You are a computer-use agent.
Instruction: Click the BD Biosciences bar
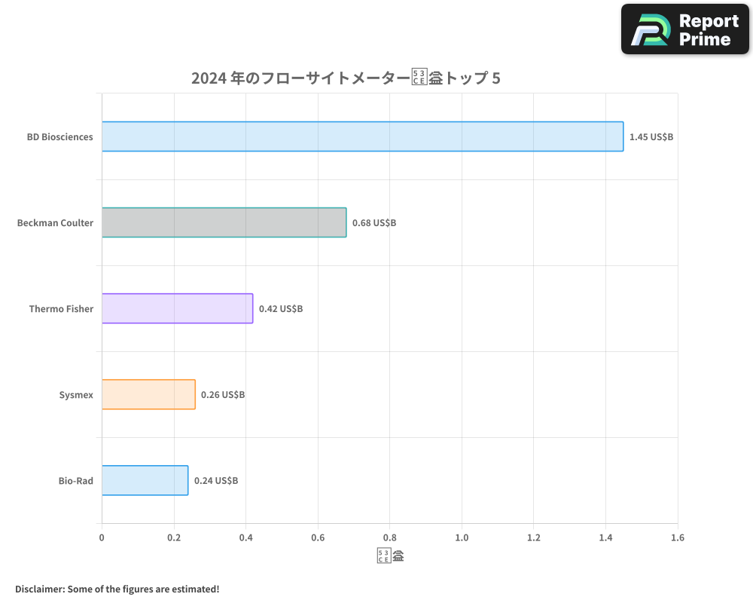(362, 136)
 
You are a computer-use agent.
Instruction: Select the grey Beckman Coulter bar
(224, 222)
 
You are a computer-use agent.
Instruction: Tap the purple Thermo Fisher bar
(177, 308)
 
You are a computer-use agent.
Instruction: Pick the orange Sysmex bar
(148, 394)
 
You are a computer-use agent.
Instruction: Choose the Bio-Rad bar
(145, 480)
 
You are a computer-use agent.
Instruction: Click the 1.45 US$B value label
(651, 137)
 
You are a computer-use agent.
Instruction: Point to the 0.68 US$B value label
(373, 223)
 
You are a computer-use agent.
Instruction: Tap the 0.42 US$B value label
(280, 309)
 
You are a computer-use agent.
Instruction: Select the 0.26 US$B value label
(222, 395)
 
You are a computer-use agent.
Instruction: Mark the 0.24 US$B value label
(215, 481)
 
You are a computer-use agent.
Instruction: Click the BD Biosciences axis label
(60, 137)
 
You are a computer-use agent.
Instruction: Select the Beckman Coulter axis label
(55, 223)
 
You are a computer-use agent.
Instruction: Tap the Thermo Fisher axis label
(61, 309)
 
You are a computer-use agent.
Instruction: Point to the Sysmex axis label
(76, 395)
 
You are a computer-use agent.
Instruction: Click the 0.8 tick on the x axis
(389, 537)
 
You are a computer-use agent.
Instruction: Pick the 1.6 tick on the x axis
(677, 537)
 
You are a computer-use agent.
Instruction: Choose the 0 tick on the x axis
(102, 537)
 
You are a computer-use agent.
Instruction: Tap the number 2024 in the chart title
(205, 78)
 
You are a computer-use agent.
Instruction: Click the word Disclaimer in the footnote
(38, 589)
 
